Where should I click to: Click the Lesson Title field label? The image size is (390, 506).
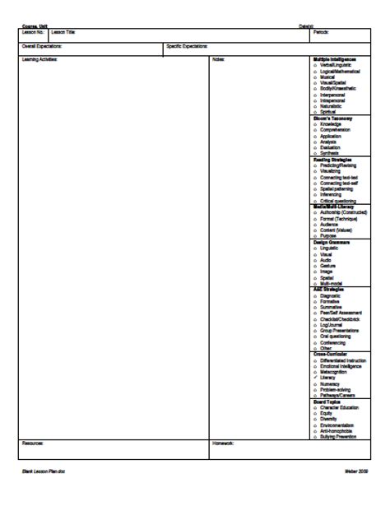[63, 32]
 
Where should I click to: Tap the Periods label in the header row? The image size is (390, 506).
[321, 32]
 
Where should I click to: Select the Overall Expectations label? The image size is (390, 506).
[40, 46]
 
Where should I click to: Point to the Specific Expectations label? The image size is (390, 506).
[187, 46]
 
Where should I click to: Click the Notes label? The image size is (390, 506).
[219, 59]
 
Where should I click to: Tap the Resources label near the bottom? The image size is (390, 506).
[32, 443]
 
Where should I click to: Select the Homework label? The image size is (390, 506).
[224, 443]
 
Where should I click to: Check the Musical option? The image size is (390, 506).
[327, 77]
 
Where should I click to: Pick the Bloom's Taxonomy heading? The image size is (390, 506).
[332, 118]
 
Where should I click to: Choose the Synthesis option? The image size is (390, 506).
[330, 153]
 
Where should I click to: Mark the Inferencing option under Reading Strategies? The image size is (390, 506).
[332, 194]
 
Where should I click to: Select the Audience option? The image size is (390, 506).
[330, 224]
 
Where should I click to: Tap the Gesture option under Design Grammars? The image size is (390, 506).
[328, 266]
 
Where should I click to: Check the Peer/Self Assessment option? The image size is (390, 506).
[340, 313]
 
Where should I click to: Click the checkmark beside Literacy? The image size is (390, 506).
[315, 378]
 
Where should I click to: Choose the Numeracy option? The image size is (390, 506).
[331, 383]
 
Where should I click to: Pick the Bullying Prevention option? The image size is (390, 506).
[338, 436]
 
